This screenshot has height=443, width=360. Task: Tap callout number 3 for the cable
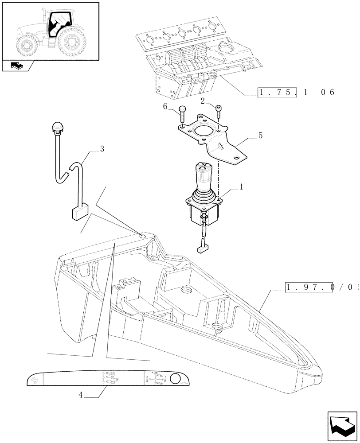click(x=102, y=149)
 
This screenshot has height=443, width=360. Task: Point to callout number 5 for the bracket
click(x=260, y=136)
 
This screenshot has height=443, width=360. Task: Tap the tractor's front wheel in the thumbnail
click(x=26, y=45)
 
